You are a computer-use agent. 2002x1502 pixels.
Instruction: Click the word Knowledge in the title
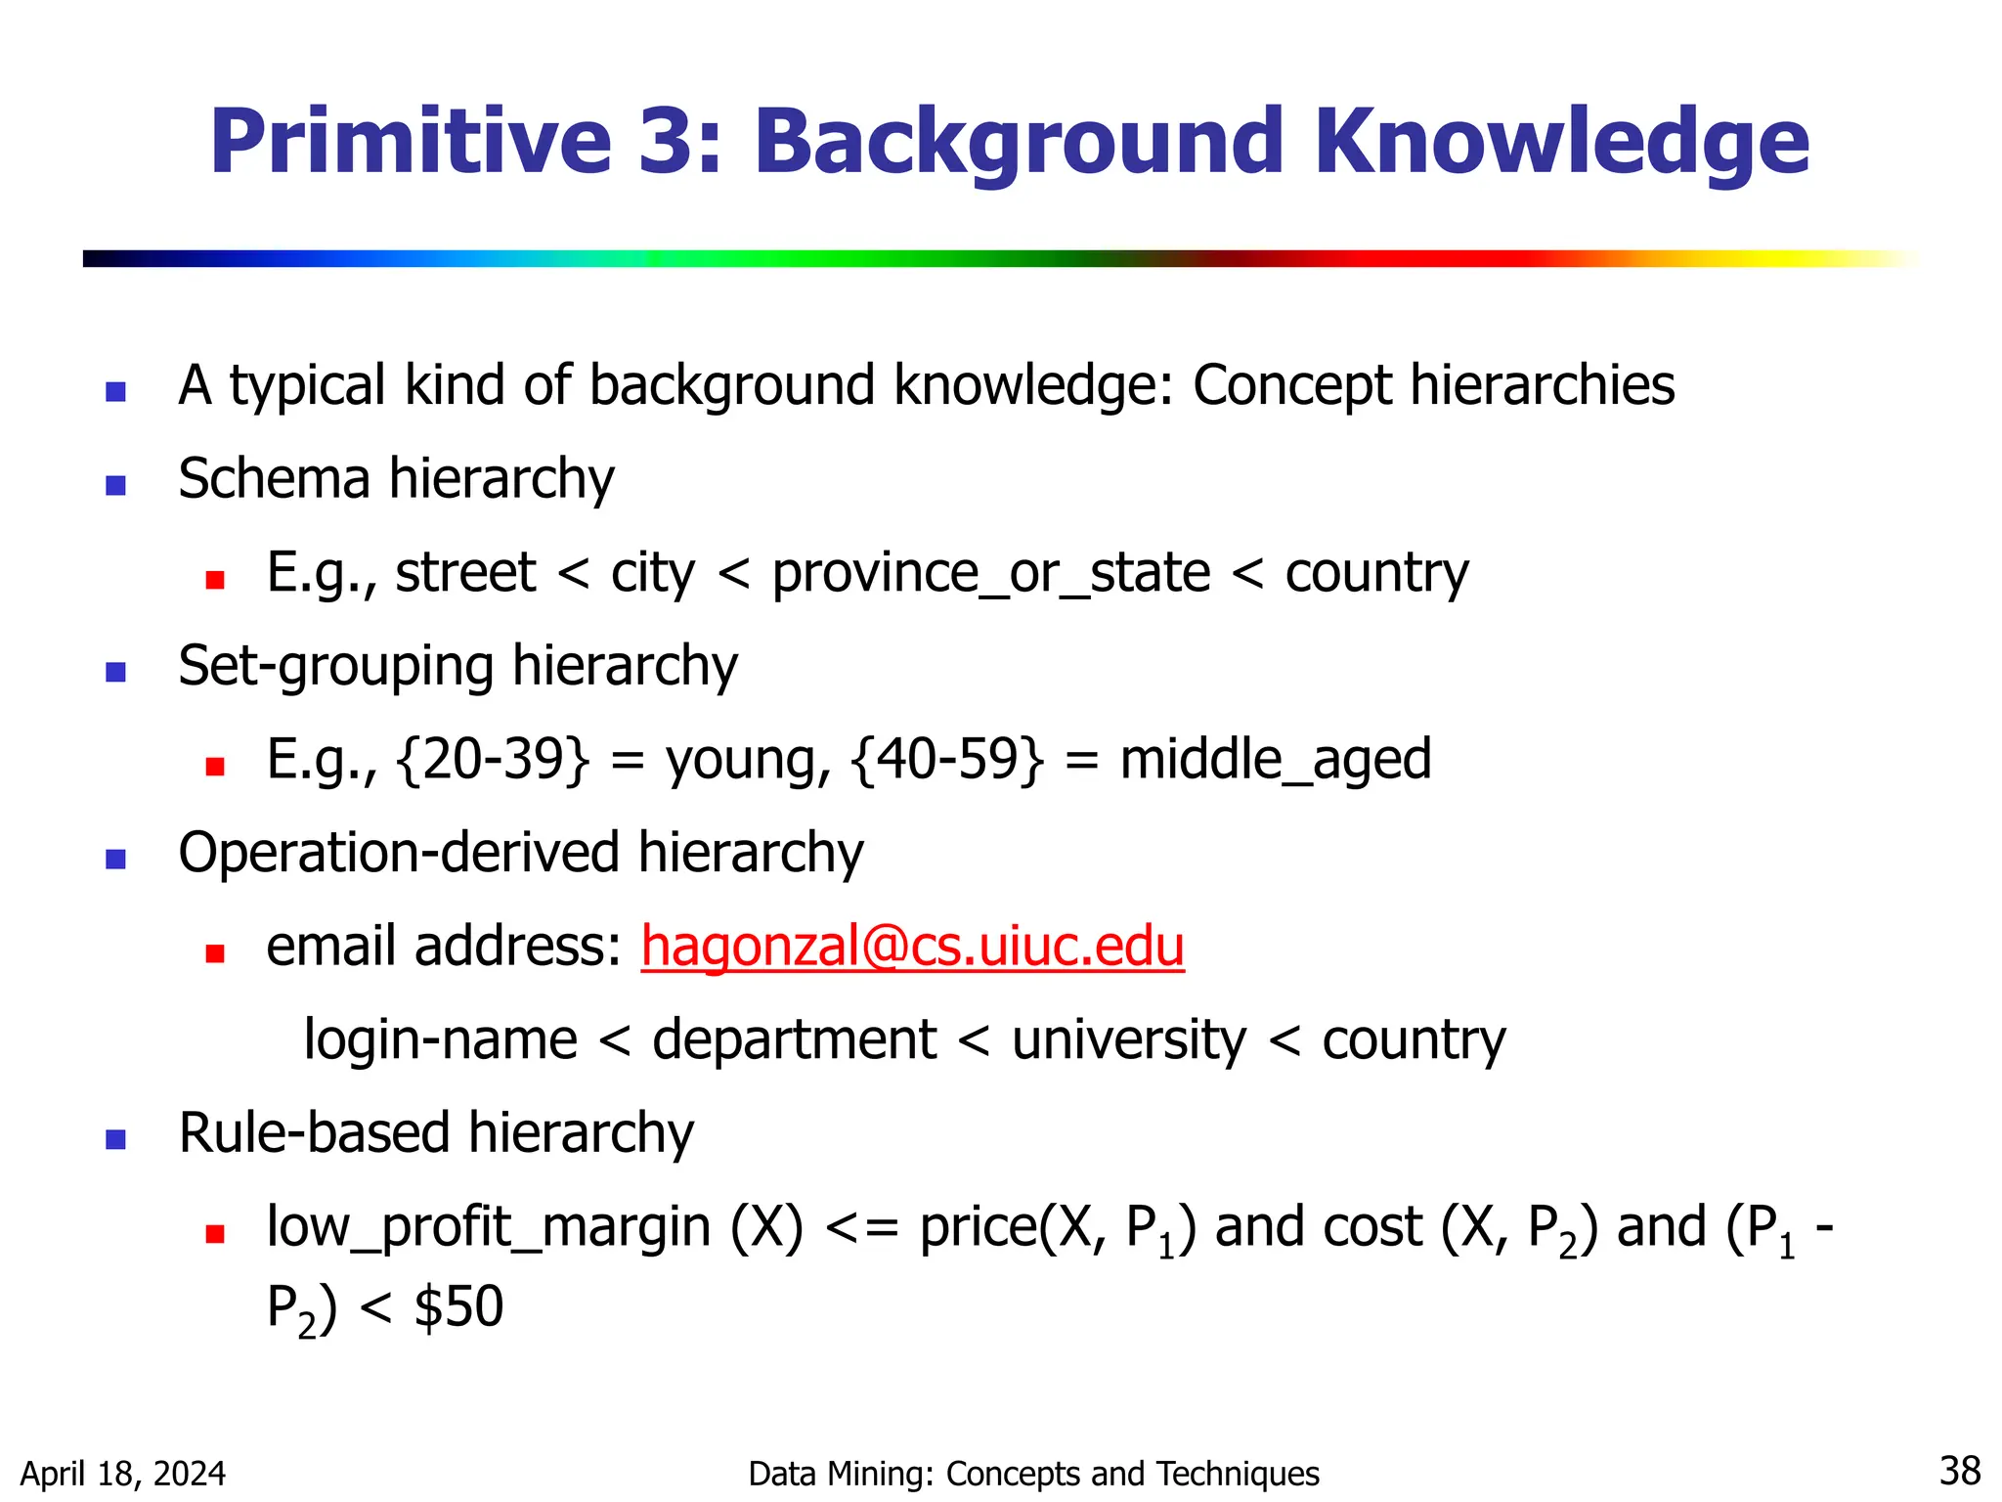tap(1561, 144)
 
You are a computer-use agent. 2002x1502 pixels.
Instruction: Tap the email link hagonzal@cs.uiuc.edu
tap(912, 947)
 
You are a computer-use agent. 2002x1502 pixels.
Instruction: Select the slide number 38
tap(1959, 1471)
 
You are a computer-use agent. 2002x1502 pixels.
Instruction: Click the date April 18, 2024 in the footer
tap(123, 1474)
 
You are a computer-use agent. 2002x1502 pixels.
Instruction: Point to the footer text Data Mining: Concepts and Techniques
tap(1033, 1474)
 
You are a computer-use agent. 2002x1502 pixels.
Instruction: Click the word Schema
tap(274, 479)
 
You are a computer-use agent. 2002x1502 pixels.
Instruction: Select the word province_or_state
tap(991, 572)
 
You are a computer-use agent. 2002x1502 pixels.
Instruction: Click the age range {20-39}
tap(494, 760)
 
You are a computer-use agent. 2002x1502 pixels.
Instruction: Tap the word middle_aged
tap(1275, 760)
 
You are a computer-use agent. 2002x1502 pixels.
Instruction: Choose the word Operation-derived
tap(399, 853)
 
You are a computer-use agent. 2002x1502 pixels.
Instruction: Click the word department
tap(794, 1039)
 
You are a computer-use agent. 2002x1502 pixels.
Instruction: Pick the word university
tap(1129, 1039)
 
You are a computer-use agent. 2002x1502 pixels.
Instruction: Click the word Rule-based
tap(314, 1133)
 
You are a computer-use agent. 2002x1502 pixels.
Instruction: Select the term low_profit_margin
tap(488, 1227)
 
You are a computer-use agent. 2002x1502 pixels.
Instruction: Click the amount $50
tap(458, 1306)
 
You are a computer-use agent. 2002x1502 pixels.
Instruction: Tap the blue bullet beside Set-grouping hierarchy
tap(116, 672)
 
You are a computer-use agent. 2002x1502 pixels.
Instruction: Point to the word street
tap(465, 572)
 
